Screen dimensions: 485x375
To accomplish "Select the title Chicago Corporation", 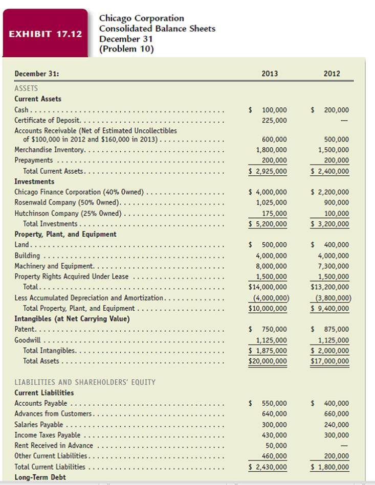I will pyautogui.click(x=142, y=18).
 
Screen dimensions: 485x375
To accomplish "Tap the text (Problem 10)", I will pyautogui.click(x=126, y=49).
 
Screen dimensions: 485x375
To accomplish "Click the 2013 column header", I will pyautogui.click(x=270, y=74).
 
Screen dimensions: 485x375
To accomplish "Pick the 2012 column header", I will pyautogui.click(x=332, y=74).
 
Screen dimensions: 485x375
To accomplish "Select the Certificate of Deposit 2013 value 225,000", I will pyautogui.click(x=274, y=120).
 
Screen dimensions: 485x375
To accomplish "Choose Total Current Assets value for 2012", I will pyautogui.click(x=330, y=171).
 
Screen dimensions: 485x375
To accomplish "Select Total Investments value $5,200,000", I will pyautogui.click(x=268, y=224).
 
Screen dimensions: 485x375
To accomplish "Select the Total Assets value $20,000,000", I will pyautogui.click(x=268, y=361).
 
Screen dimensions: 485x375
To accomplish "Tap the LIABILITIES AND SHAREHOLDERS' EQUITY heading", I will pyautogui.click(x=85, y=382).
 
